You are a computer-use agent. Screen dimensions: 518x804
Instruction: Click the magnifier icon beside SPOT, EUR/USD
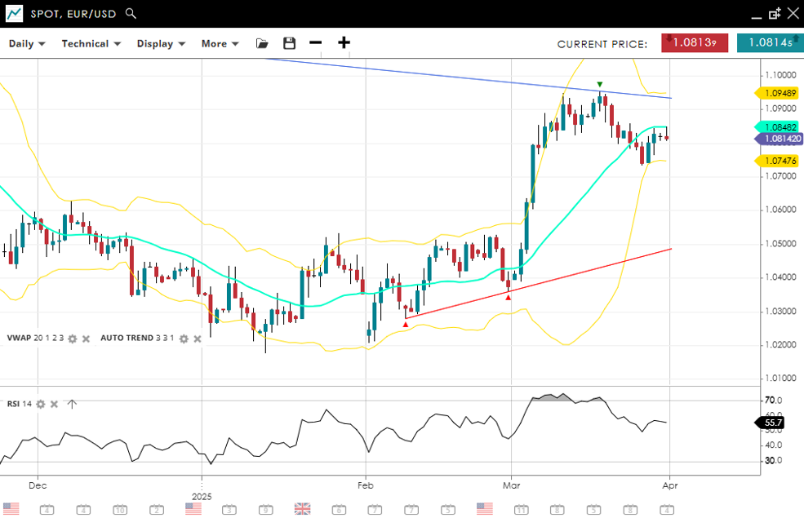point(131,14)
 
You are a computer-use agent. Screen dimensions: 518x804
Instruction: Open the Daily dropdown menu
point(27,44)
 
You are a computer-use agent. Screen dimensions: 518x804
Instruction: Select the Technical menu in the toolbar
point(91,44)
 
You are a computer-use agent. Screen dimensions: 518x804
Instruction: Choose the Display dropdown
point(161,44)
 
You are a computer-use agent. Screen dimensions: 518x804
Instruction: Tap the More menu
point(220,44)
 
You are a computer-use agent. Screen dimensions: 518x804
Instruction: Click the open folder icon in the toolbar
point(262,43)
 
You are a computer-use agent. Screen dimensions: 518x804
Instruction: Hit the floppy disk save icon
point(289,43)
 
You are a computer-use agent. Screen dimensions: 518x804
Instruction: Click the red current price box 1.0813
point(695,43)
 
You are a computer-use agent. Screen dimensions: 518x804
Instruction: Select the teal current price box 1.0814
point(770,43)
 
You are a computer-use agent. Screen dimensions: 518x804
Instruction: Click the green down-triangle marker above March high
point(600,84)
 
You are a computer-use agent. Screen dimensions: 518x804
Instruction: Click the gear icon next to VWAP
point(72,339)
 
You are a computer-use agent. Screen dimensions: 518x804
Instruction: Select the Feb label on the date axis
point(364,485)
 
